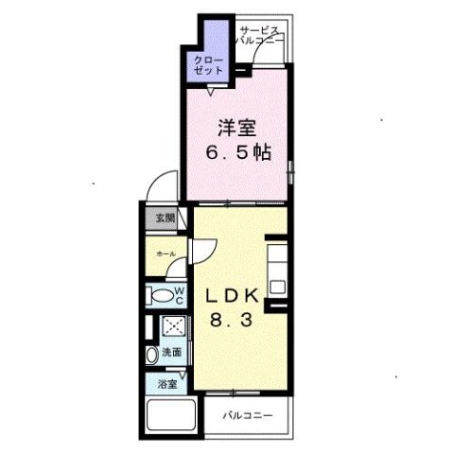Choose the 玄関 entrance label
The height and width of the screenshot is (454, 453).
tap(165, 218)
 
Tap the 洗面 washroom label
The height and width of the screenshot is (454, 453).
tap(171, 352)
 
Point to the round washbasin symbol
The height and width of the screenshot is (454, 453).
tap(151, 356)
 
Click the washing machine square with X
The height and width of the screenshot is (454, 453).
tap(174, 325)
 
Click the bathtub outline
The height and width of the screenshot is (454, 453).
tap(170, 416)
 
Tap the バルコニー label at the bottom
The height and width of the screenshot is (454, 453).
tap(248, 415)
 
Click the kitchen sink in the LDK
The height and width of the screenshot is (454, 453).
tap(278, 283)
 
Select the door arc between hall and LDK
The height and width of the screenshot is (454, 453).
tap(202, 252)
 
